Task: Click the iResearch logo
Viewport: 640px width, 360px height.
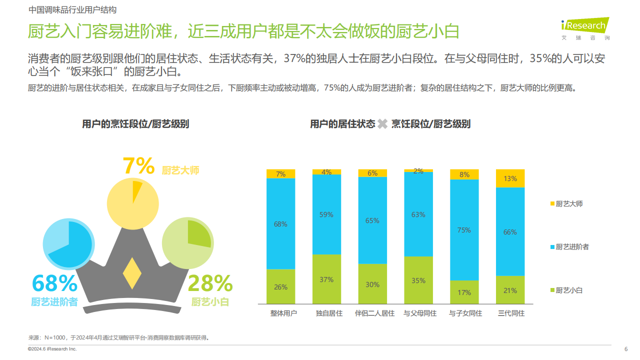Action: point(585,27)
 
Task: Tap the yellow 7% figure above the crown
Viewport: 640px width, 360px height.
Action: point(138,166)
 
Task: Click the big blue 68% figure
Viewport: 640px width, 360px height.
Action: point(54,283)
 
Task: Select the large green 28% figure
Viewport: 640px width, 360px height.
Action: point(210,283)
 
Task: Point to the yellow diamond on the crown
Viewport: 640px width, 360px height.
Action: point(132,273)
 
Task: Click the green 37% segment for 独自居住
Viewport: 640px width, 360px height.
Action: point(326,279)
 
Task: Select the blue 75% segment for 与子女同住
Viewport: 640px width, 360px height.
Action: point(464,229)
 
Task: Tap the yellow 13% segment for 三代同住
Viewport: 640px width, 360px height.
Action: point(510,178)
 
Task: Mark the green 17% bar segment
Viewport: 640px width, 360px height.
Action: point(464,292)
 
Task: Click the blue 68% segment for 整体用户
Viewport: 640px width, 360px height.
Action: point(280,223)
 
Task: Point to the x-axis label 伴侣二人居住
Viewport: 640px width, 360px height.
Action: point(374,313)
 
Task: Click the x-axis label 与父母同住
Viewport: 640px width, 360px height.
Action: point(420,313)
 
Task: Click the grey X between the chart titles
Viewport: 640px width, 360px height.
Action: point(382,124)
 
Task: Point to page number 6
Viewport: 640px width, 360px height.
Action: point(626,349)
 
